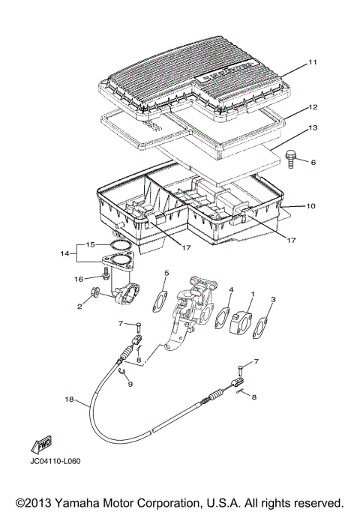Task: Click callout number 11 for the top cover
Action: pyautogui.click(x=313, y=62)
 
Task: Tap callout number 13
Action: pyautogui.click(x=313, y=129)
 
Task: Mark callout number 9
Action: pyautogui.click(x=130, y=385)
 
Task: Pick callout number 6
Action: pyautogui.click(x=313, y=162)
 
